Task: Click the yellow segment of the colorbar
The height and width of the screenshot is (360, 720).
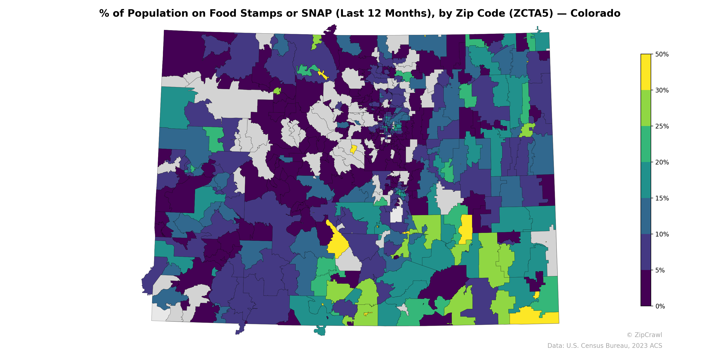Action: tap(646, 72)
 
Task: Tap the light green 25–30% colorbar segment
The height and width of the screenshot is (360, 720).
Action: tap(646, 108)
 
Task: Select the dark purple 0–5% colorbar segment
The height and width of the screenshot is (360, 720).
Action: tap(646, 288)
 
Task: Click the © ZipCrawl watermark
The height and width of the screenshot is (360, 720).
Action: tap(644, 335)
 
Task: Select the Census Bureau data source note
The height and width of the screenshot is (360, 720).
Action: tap(605, 346)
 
